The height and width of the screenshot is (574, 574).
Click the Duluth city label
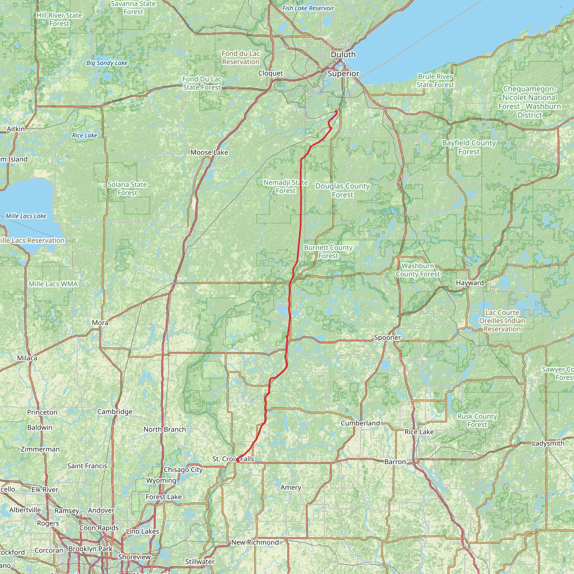point(343,55)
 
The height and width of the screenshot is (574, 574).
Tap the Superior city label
point(343,74)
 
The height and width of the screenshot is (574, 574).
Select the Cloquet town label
point(270,73)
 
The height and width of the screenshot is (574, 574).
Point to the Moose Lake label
point(209,152)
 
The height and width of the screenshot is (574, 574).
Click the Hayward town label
point(470,283)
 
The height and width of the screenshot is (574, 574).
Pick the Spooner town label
point(387,337)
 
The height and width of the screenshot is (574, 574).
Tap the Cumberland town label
point(360,423)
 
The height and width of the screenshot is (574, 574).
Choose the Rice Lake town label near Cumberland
point(419,432)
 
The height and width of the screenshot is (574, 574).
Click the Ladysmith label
point(548,443)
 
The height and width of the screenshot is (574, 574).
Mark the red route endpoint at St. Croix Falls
point(238,460)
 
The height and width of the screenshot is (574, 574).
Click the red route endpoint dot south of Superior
point(336,112)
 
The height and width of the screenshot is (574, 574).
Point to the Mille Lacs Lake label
point(26,216)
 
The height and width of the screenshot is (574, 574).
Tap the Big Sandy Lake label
point(107,63)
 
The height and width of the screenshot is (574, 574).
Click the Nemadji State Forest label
point(286,187)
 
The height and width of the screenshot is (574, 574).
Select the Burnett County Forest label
point(328,252)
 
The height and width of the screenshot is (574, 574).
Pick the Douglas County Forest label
point(342,190)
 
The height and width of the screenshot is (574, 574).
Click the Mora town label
point(100,323)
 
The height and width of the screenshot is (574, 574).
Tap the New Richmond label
point(255,542)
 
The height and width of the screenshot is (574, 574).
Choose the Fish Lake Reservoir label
point(308,8)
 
